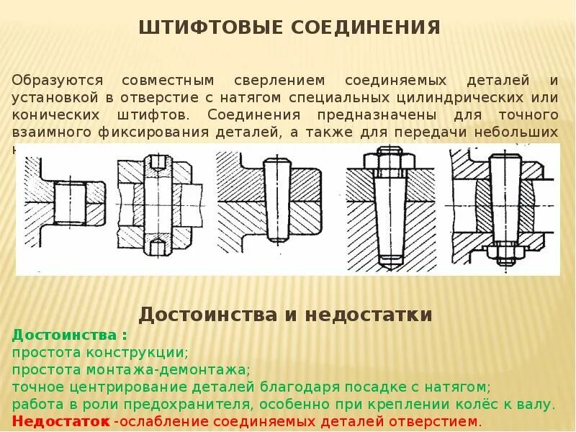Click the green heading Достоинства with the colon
coord(70,336)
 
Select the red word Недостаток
coord(61,421)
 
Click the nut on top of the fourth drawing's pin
coord(390,159)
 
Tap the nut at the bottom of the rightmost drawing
coord(502,253)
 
